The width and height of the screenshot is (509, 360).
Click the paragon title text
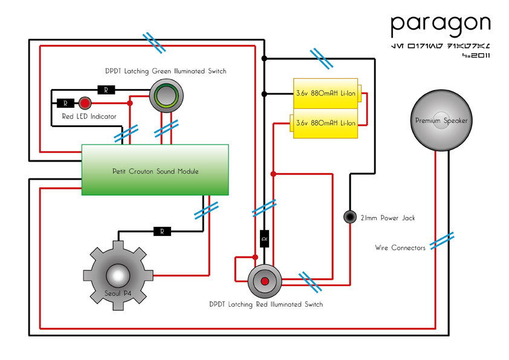(x=439, y=24)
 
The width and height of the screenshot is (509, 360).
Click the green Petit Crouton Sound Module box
(x=155, y=170)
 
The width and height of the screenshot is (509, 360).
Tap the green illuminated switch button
(x=166, y=96)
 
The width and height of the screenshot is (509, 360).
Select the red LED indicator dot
(x=85, y=102)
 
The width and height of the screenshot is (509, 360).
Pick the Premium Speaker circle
(x=441, y=120)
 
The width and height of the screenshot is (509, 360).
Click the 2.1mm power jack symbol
(x=350, y=217)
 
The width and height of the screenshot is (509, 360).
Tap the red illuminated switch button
(x=264, y=282)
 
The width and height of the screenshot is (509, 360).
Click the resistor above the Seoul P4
(x=161, y=231)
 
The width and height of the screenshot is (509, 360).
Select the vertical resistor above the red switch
(x=264, y=240)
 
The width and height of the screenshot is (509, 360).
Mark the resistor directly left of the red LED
(x=65, y=103)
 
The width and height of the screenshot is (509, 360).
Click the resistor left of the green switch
(x=106, y=90)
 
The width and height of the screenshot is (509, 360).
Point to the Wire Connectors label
(x=400, y=247)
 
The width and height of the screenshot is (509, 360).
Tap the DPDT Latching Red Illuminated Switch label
(x=265, y=304)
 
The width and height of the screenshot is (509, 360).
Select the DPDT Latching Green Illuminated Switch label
(x=166, y=71)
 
